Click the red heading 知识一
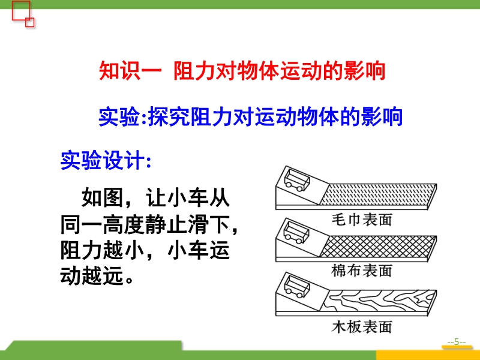tap(130, 71)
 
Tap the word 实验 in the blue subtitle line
tap(119, 116)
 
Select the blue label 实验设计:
tap(106, 160)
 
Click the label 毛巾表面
tap(362, 220)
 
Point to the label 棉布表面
tap(362, 271)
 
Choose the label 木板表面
tap(362, 326)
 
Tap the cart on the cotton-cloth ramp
tap(296, 232)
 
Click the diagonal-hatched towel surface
tap(378, 194)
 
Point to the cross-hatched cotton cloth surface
tap(378, 247)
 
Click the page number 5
tap(457, 341)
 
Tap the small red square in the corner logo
tap(29, 22)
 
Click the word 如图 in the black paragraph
tap(102, 197)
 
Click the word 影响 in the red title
tap(364, 71)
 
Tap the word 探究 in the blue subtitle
tap(169, 116)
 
